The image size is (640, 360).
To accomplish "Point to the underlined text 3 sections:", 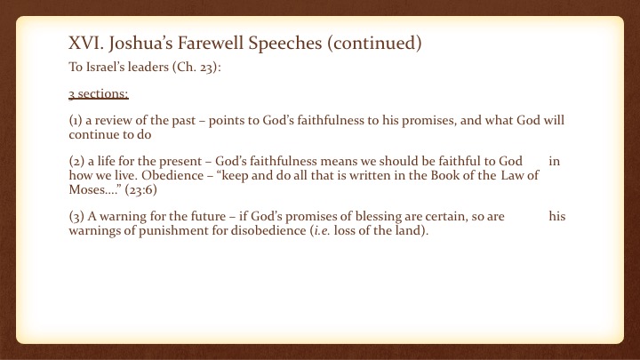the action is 99,94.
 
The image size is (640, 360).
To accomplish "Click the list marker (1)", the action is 76,120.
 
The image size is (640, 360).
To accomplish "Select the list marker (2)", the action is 76,161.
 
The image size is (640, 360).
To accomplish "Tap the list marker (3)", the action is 76,216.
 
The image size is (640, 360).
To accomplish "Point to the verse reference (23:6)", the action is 140,190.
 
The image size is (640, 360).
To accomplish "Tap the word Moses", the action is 87,190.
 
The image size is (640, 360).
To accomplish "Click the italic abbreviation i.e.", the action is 322,230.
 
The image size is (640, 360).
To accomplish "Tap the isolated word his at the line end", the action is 557,216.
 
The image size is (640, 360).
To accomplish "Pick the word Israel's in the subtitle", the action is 105,67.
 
